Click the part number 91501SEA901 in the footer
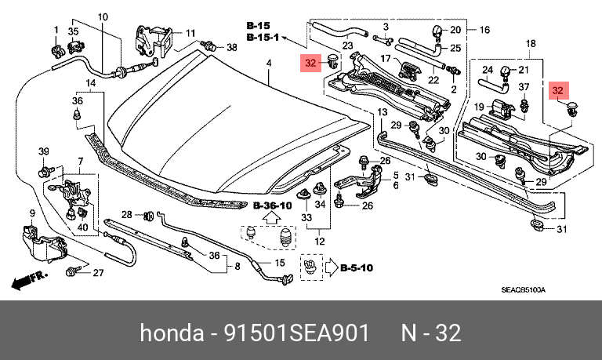coord(296,333)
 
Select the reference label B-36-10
coord(273,206)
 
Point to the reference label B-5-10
coord(357,267)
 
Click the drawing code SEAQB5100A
coord(523,290)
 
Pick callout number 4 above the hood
coord(269,63)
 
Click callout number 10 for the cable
coord(103,17)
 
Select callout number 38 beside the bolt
coord(231,47)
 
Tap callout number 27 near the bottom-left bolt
coord(98,273)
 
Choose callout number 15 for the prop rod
coord(280,263)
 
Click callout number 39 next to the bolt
coord(44,151)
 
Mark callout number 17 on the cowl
coord(386,58)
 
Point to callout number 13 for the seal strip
coord(382,112)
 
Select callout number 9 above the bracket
coord(32,213)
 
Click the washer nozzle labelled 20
coord(438,31)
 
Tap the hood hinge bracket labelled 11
coord(154,40)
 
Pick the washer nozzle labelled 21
coord(506,74)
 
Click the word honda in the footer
coord(172,333)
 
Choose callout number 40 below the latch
coord(83,227)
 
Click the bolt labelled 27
coord(74,271)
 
